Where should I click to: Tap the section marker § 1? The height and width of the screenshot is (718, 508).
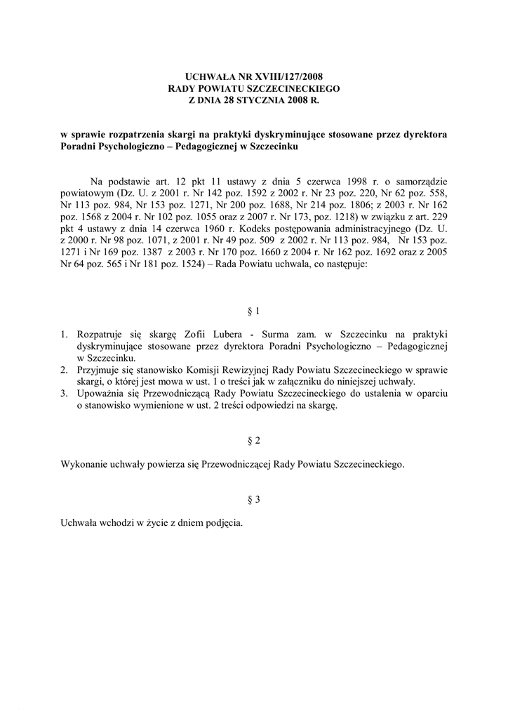coord(254,311)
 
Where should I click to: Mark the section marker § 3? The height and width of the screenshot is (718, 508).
coord(254,500)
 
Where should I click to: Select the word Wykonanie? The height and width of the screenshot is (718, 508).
coord(84,464)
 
